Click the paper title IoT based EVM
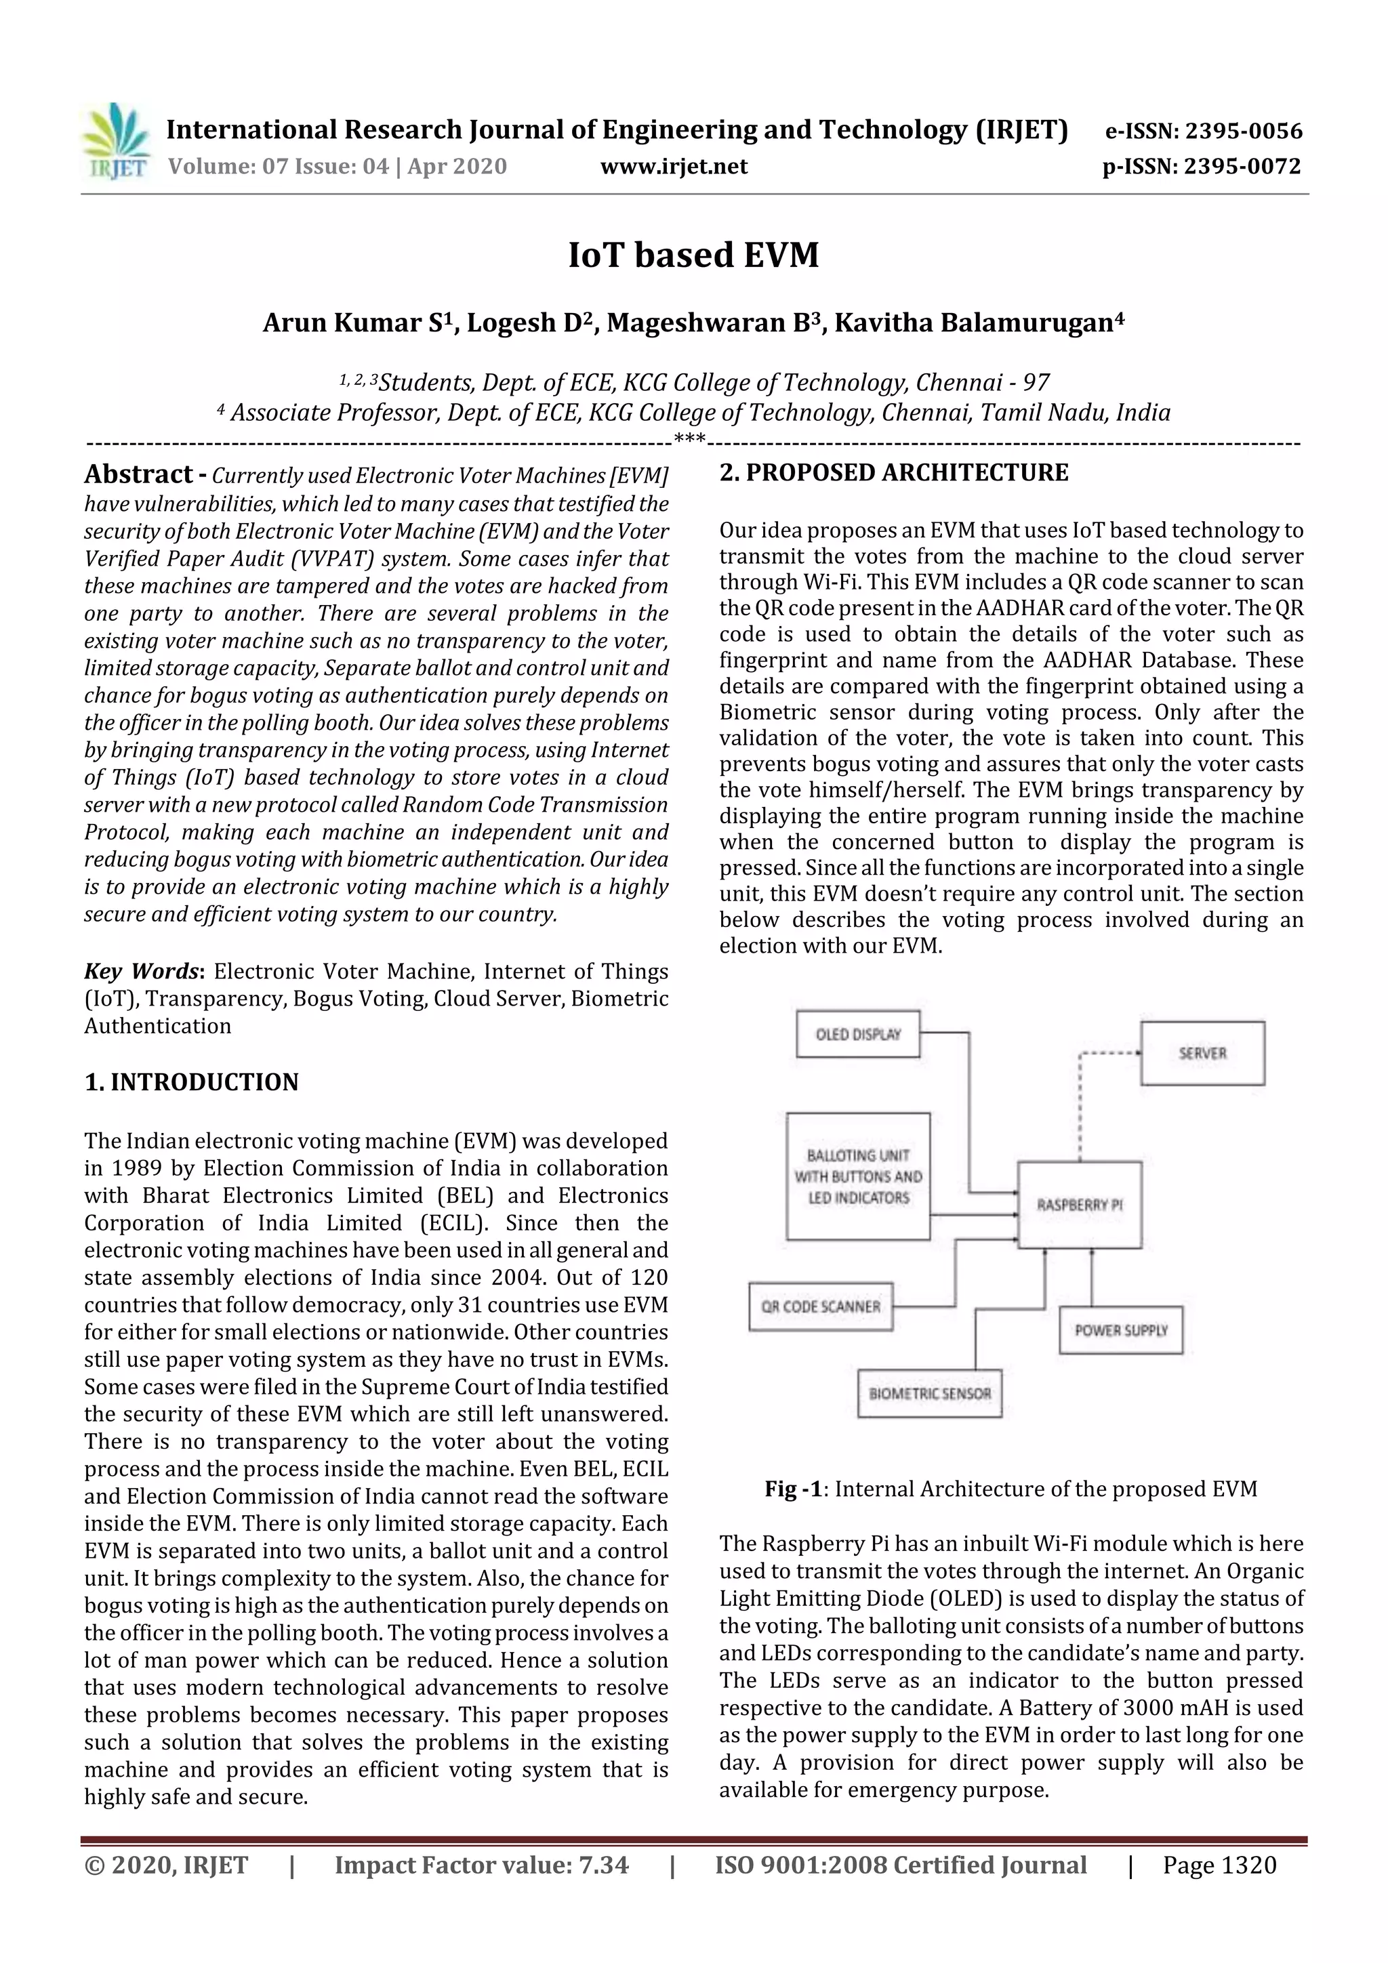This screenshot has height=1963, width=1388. point(693,255)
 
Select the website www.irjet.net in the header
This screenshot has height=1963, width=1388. point(673,166)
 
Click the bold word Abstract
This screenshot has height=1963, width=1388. point(138,474)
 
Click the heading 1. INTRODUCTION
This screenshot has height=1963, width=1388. point(192,1081)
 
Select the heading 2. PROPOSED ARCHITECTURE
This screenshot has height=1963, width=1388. point(894,473)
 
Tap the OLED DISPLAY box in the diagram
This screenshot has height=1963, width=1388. point(858,1035)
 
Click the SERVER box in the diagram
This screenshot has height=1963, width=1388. point(1202,1053)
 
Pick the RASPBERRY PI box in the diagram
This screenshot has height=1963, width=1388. point(1079,1205)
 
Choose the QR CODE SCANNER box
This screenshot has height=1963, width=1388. point(820,1306)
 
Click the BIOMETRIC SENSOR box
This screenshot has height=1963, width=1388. point(930,1394)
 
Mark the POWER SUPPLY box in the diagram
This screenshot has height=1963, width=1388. point(1120,1330)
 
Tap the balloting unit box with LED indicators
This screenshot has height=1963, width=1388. point(858,1176)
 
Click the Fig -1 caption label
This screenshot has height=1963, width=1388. point(793,1489)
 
